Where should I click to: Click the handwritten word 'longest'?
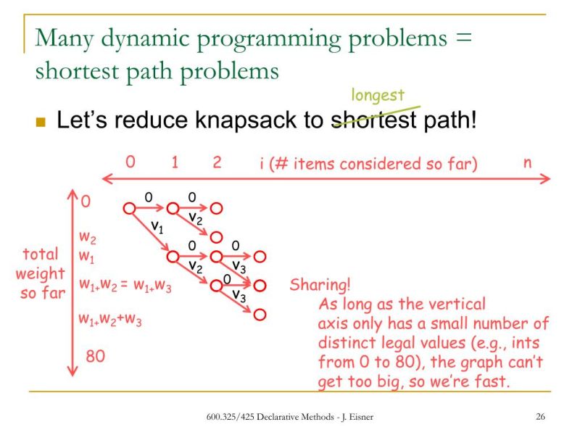[378, 96]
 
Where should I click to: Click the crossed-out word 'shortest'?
[374, 120]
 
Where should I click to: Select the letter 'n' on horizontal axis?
[527, 162]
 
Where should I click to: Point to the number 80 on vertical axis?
[96, 356]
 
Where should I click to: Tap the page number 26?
[540, 417]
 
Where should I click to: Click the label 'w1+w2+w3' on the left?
[110, 318]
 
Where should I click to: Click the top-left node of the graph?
[129, 208]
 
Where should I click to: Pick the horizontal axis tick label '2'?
[217, 162]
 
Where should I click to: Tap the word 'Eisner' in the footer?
[360, 417]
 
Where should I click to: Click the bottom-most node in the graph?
[260, 314]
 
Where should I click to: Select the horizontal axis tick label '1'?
[175, 162]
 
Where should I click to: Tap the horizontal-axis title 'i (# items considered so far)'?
[368, 163]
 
